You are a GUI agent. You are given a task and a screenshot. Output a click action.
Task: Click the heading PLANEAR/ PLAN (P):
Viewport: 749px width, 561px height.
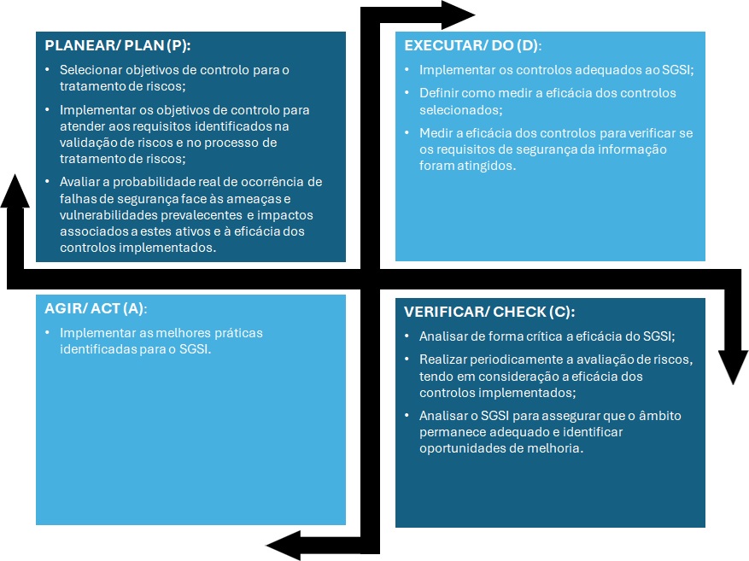(118, 45)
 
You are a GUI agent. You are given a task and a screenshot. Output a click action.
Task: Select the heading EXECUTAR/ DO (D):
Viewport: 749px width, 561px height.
(473, 45)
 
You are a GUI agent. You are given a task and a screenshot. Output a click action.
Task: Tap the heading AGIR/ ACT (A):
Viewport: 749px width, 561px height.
(96, 308)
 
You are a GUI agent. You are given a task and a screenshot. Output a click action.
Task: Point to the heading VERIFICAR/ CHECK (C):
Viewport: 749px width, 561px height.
(489, 312)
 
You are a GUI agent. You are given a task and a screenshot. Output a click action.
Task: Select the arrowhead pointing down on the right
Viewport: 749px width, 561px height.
(734, 368)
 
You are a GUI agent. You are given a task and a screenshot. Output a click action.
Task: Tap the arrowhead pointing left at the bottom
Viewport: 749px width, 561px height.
(284, 546)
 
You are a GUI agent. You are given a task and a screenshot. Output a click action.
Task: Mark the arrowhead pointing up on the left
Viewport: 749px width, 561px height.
(15, 191)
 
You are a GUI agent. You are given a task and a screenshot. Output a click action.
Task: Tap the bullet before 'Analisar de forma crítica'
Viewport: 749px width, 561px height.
(407, 336)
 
